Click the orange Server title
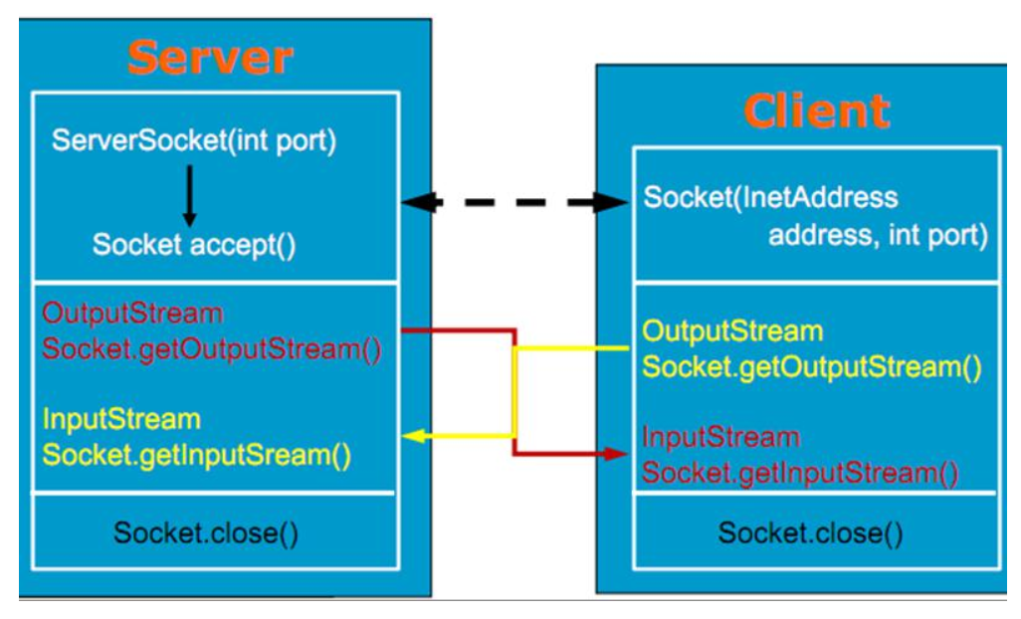pos(210,58)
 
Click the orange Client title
pos(816,110)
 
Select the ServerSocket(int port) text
pos(194,140)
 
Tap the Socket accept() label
pos(194,245)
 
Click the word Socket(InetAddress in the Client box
pos(770,197)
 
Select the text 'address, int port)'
pos(877,237)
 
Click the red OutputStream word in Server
pos(132,313)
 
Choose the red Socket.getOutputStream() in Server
pos(212,350)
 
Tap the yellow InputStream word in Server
pos(121,419)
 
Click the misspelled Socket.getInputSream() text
pos(197,456)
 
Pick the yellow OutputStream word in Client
pos(732,330)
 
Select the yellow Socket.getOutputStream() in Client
pos(812,367)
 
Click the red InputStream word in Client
pos(720,437)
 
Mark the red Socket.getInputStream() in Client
pos(800,474)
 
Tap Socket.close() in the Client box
pos(810,533)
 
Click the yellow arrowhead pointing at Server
pos(411,436)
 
